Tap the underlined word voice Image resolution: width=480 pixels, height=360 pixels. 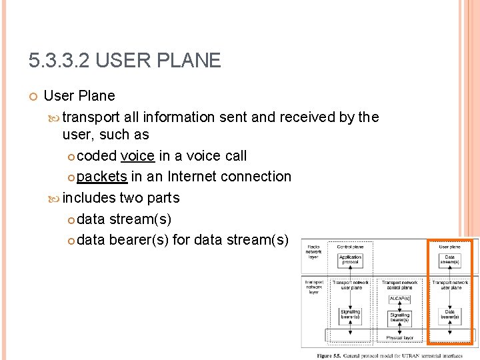[137, 156]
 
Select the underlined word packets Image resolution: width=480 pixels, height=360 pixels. [102, 177]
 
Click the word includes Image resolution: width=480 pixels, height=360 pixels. [89, 198]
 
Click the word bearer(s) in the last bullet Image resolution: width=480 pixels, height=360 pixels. [141, 239]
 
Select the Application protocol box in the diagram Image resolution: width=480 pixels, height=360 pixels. [350, 259]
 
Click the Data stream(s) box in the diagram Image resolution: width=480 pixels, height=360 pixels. [450, 259]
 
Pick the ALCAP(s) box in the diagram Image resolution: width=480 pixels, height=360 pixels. [399, 298]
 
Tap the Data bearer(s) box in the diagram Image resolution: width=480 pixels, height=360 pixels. [450, 315]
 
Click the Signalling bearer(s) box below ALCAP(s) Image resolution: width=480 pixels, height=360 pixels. [399, 317]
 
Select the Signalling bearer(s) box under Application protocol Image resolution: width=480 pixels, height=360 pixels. [350, 315]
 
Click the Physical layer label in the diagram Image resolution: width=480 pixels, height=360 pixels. [399, 338]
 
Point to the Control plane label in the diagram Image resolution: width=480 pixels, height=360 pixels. [350, 247]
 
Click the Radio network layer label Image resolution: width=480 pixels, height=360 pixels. [314, 252]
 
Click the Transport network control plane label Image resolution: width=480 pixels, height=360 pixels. [399, 285]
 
